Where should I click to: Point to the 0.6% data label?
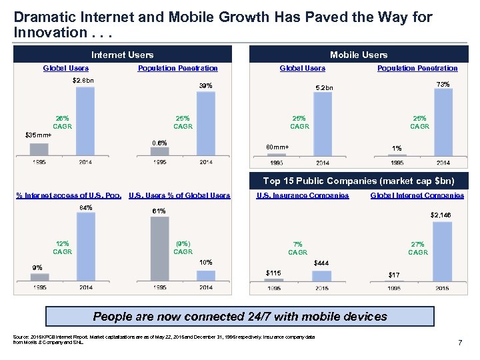[x=159, y=142]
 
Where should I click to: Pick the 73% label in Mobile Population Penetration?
[x=443, y=84]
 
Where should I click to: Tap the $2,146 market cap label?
[x=441, y=215]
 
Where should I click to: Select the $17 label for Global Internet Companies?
[x=395, y=275]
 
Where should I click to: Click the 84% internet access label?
[x=85, y=207]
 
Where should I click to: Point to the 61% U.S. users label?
[x=159, y=211]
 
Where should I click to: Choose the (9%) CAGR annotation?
[x=183, y=247]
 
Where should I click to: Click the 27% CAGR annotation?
[x=418, y=248]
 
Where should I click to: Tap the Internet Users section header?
[x=122, y=55]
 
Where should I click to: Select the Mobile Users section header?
[x=359, y=55]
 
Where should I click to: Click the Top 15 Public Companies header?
[x=359, y=181]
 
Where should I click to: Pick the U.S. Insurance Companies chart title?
[x=303, y=195]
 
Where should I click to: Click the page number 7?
[x=460, y=343]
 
